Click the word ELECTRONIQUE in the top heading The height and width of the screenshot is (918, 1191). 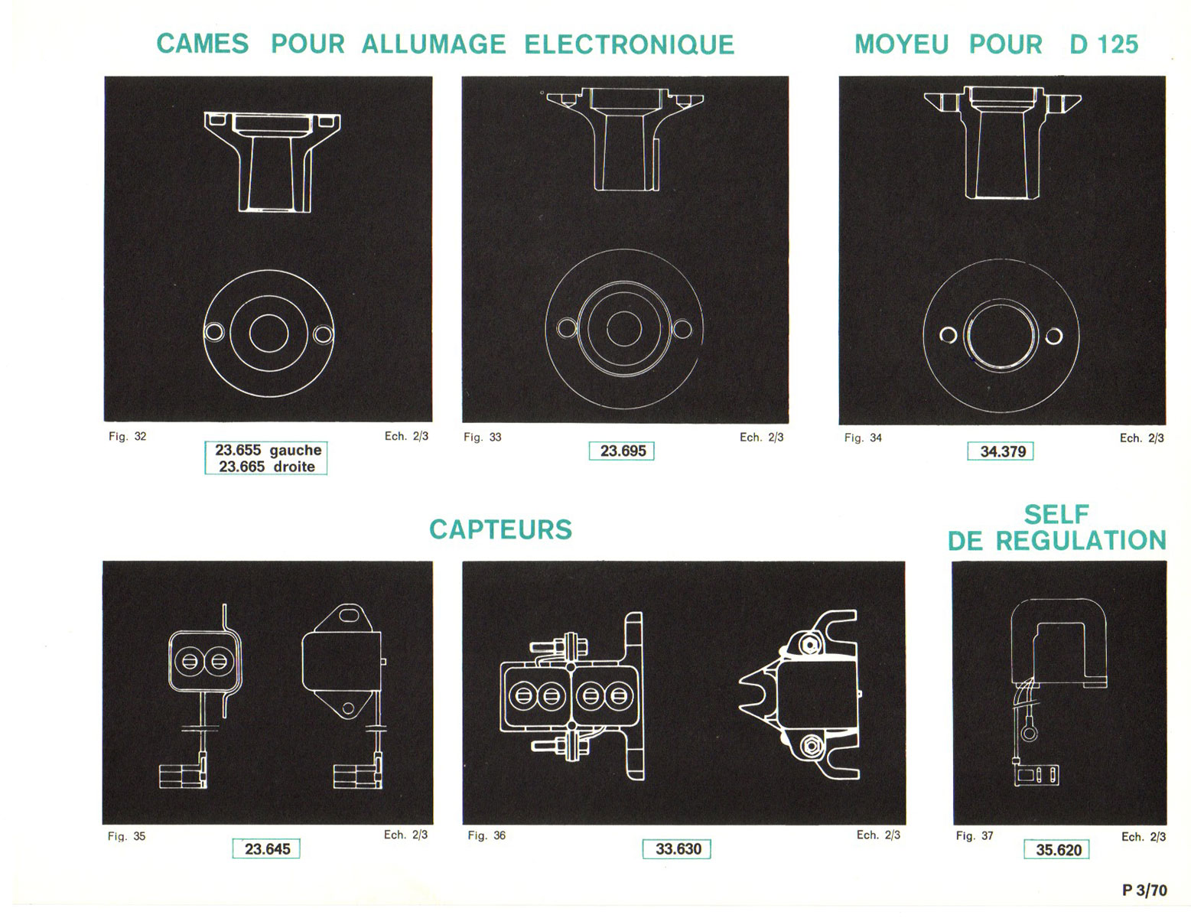[x=630, y=44]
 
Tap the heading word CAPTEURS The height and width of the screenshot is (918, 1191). [x=500, y=529]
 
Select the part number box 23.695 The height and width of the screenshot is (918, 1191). [x=622, y=451]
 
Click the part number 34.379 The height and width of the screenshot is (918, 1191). [x=1001, y=451]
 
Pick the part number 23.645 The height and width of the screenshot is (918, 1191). [x=266, y=849]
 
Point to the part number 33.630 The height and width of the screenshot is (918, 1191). [x=678, y=849]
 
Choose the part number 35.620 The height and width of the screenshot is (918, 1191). [x=1057, y=850]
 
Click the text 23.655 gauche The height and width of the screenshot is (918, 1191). [x=268, y=450]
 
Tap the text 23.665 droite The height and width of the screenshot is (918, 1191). [x=267, y=467]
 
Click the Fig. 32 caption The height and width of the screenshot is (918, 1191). [x=127, y=436]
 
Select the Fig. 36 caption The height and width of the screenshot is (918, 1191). [x=486, y=835]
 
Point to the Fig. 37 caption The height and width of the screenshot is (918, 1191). [x=974, y=836]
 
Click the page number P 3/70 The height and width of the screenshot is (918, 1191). [x=1144, y=890]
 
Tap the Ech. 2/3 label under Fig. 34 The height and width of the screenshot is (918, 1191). [x=1142, y=438]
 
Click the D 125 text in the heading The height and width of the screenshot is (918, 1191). [x=1104, y=44]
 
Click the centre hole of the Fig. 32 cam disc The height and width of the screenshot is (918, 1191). [x=268, y=334]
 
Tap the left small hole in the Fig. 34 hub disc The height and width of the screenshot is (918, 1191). [x=949, y=335]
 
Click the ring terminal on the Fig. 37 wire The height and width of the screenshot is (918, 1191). [x=1029, y=732]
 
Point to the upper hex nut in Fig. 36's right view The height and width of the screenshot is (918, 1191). [x=809, y=645]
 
